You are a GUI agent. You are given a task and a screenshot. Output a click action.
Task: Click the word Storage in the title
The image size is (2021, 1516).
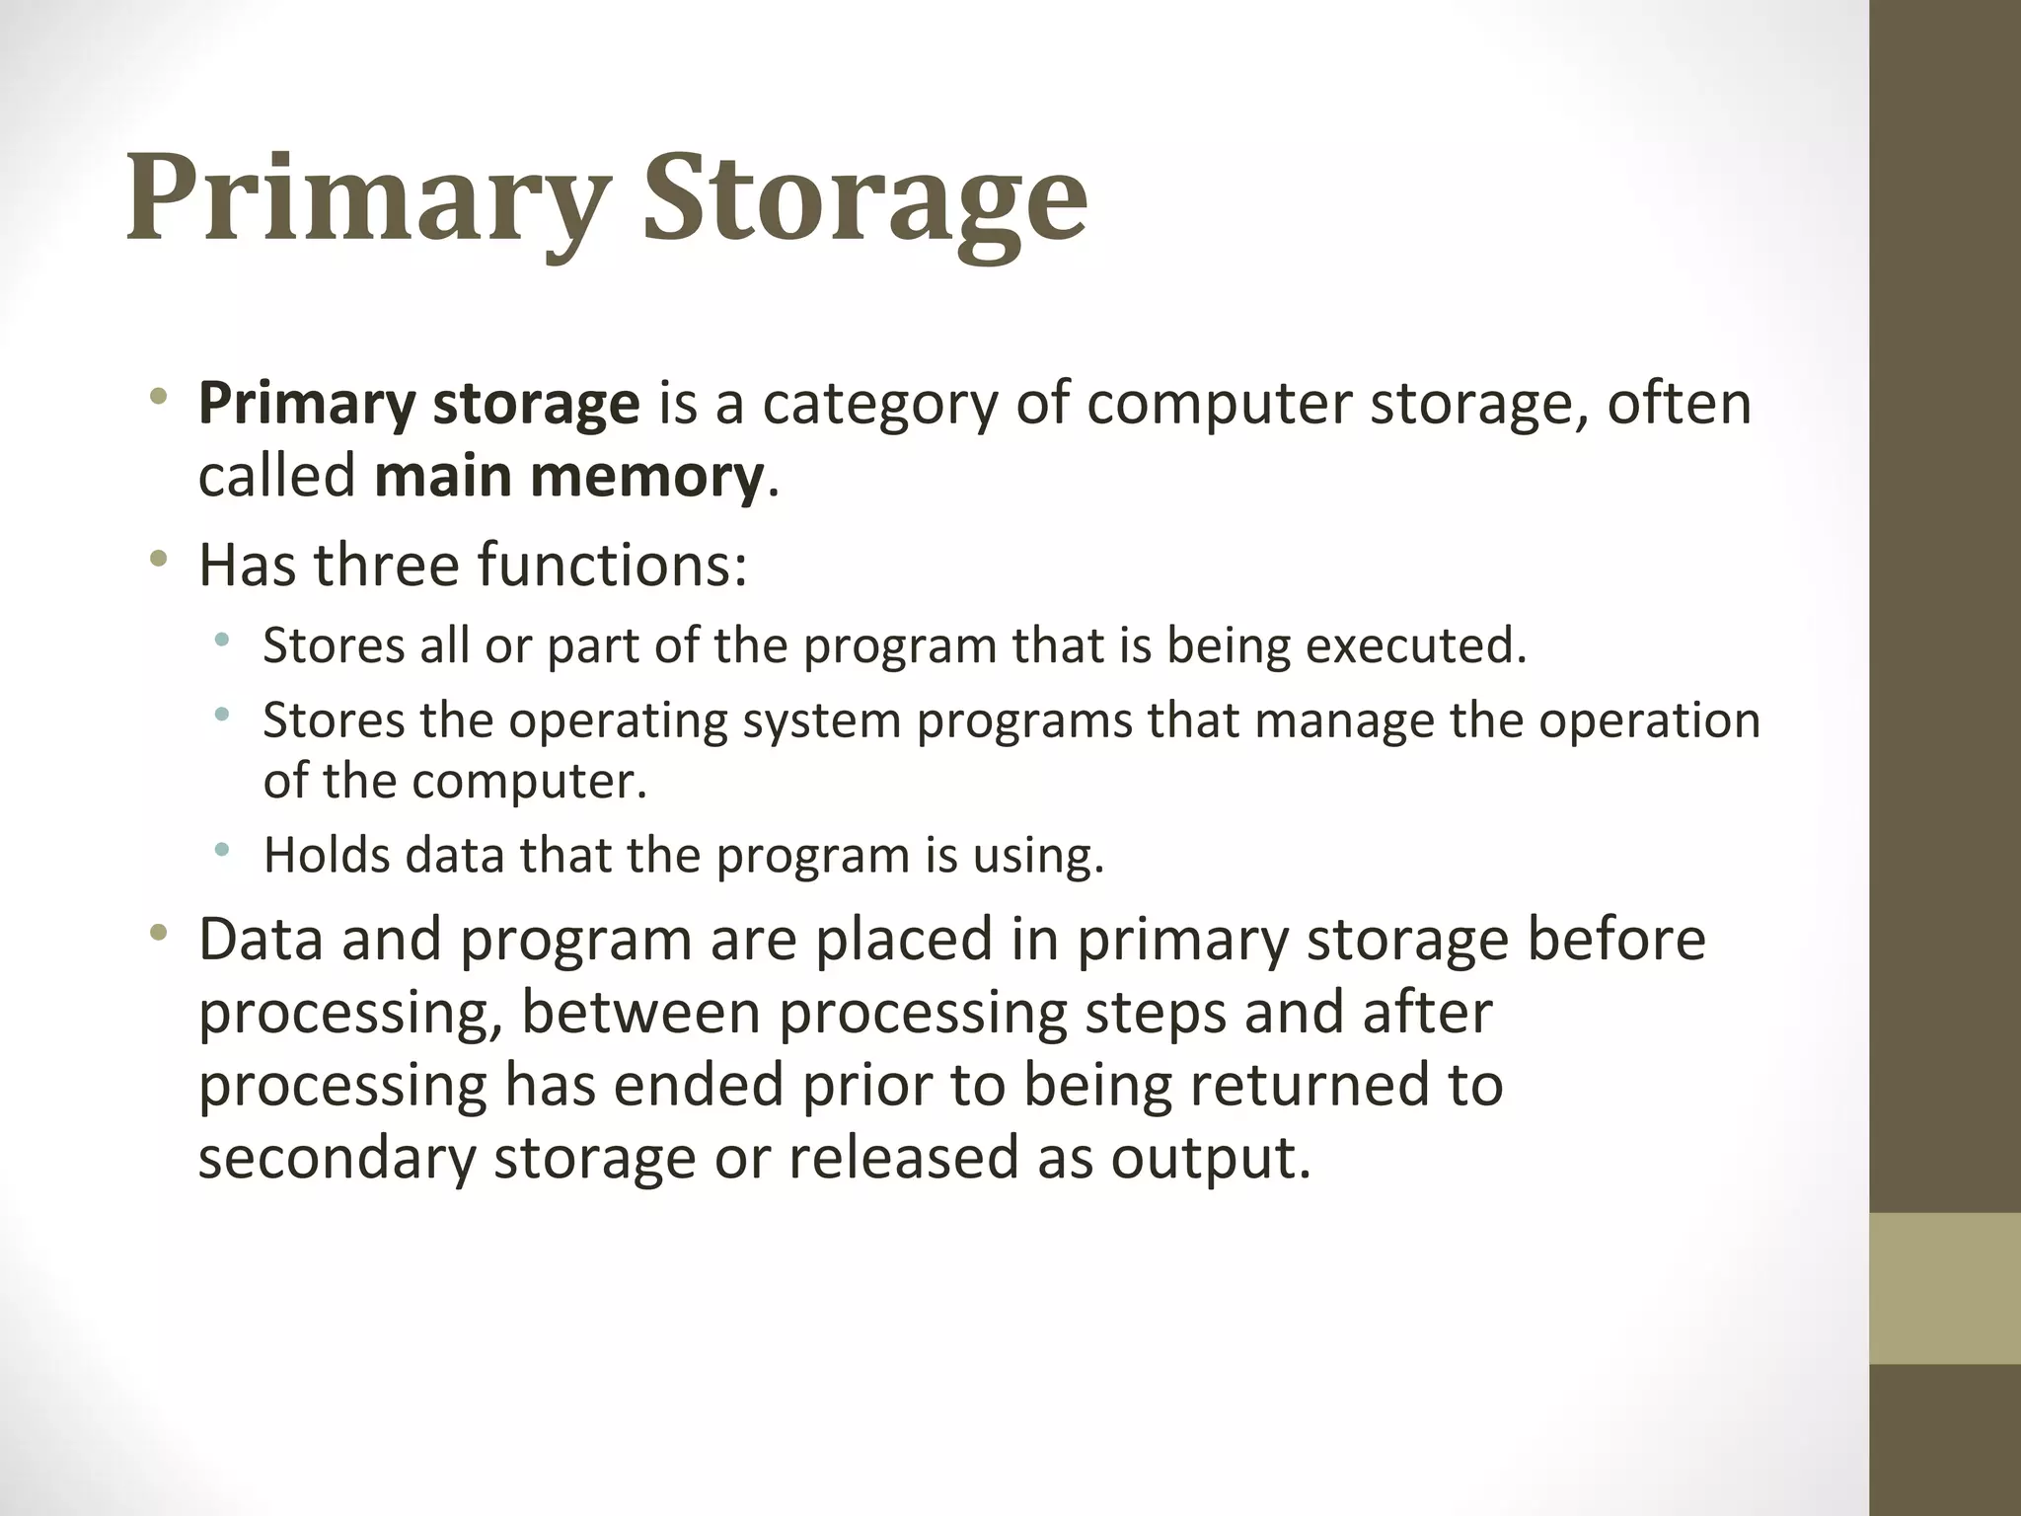pos(865,199)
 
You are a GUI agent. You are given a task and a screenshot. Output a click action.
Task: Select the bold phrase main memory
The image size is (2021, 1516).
pos(568,477)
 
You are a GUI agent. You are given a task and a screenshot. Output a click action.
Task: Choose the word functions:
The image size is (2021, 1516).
pos(612,565)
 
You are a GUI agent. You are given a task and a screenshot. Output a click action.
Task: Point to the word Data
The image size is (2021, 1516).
pos(261,939)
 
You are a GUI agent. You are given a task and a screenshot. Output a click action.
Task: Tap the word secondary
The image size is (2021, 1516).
pos(337,1158)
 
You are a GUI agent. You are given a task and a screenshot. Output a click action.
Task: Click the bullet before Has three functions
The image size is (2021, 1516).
pos(158,560)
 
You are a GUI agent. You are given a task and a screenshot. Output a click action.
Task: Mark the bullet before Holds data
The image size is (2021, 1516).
pos(222,850)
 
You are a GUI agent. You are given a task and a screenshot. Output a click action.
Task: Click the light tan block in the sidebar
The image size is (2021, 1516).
pos(1945,1288)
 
